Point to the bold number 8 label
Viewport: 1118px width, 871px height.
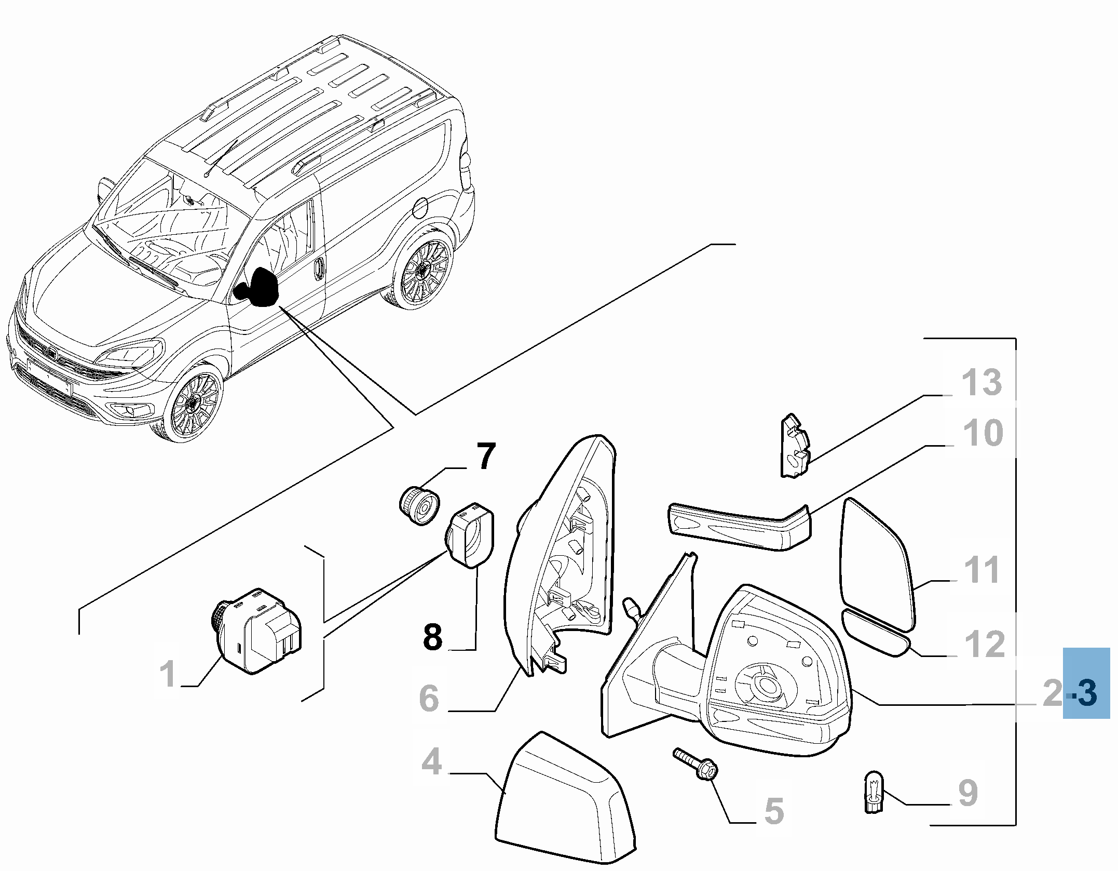pyautogui.click(x=433, y=637)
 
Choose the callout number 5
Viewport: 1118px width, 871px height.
pyautogui.click(x=774, y=811)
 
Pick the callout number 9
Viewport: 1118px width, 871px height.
pyautogui.click(x=967, y=793)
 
